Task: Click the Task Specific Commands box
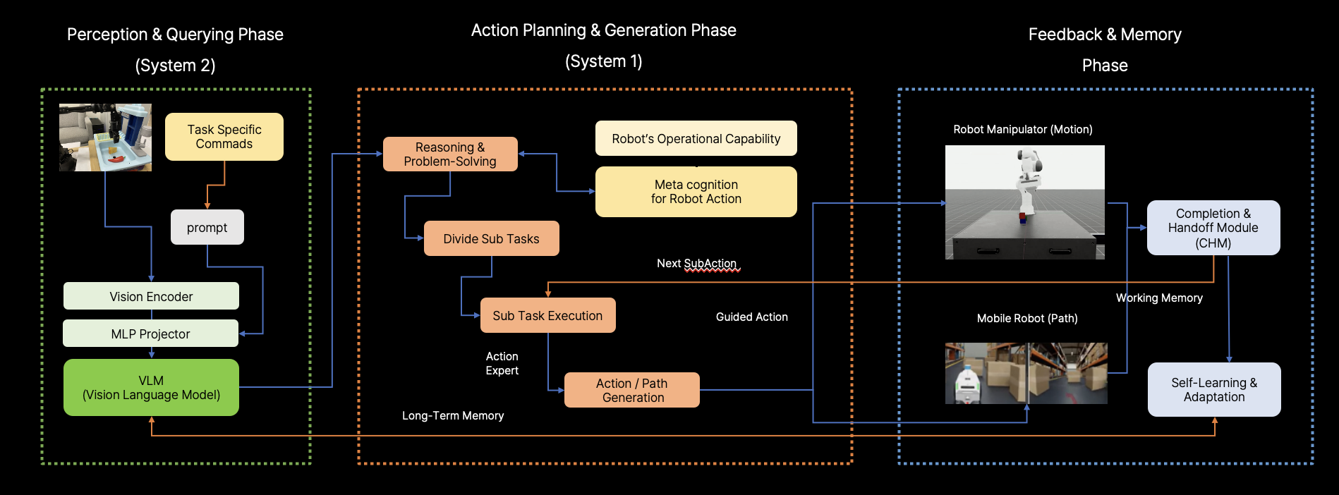[x=224, y=137]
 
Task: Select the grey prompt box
[x=207, y=227]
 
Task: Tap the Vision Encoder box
[x=151, y=296]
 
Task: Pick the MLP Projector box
[x=150, y=334]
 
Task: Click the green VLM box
[x=151, y=388]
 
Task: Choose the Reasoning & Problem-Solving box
[x=450, y=154]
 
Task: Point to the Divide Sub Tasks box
[x=491, y=238]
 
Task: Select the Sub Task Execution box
[x=547, y=315]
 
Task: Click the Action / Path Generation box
[x=632, y=390]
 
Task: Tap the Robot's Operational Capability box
[x=696, y=138]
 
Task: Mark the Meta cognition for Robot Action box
[x=696, y=192]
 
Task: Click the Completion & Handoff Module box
[x=1213, y=228]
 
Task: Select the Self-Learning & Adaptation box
[x=1213, y=389]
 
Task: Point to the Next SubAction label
[x=696, y=263]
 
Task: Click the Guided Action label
[x=751, y=317]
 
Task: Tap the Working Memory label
[x=1159, y=298]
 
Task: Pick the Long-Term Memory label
[x=453, y=415]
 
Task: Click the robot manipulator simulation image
[x=1024, y=202]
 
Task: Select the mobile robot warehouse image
[x=1026, y=373]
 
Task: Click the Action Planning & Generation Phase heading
[x=603, y=30]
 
